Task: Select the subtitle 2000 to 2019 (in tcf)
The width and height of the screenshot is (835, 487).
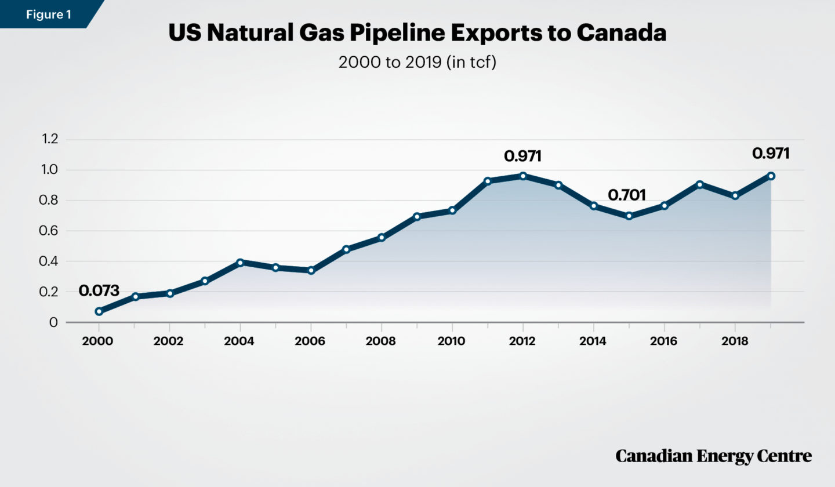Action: point(417,63)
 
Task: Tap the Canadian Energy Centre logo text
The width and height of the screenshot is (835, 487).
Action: point(713,456)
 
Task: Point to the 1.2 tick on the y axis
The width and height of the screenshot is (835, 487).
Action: point(50,140)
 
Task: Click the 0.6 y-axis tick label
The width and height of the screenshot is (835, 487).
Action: point(50,231)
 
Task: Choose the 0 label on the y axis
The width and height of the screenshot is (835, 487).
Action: point(54,322)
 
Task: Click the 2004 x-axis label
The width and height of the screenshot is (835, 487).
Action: point(239,341)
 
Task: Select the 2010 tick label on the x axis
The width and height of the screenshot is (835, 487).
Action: point(452,341)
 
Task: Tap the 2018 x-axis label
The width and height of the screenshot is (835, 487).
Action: point(735,341)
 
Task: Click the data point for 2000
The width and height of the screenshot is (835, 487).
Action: point(99,311)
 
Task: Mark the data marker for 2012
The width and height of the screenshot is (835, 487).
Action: point(523,176)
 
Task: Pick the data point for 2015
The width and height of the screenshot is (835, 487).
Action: point(629,216)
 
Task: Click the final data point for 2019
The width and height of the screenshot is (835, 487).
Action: point(771,176)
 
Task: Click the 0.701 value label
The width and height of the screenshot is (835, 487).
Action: point(627,195)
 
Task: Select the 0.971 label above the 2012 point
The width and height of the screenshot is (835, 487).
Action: point(523,156)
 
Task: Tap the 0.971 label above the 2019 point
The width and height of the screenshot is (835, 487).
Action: point(771,154)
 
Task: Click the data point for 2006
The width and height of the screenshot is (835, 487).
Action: point(311,270)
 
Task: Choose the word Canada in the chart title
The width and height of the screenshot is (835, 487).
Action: point(621,33)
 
